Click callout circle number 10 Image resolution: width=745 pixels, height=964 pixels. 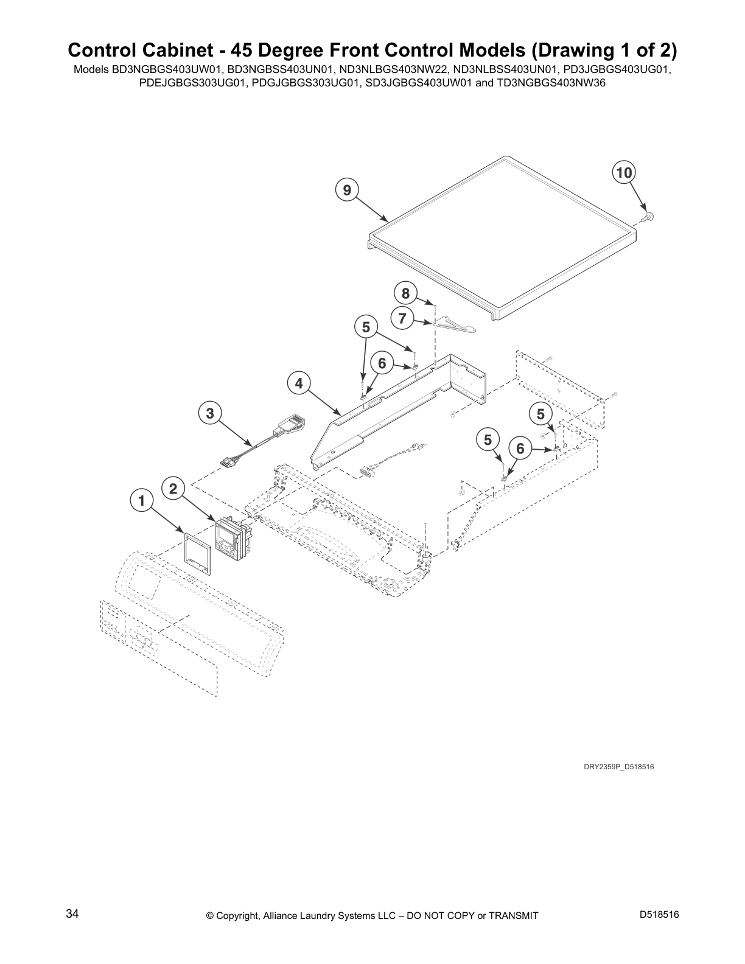(x=623, y=173)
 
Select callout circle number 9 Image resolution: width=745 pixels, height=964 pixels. (x=346, y=190)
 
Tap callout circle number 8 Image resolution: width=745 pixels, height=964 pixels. (x=405, y=293)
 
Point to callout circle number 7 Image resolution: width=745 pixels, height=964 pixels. (x=402, y=318)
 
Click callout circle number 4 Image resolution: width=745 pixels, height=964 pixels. (x=299, y=383)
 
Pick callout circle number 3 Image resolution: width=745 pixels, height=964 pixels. (x=210, y=414)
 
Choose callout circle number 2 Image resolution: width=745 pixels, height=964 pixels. (x=173, y=488)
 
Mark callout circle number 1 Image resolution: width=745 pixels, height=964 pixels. (x=142, y=501)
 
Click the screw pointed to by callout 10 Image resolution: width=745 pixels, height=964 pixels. (x=649, y=215)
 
